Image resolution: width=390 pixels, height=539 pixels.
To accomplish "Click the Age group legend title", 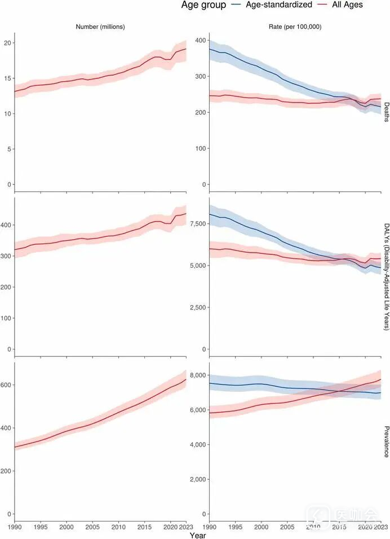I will tap(203, 5).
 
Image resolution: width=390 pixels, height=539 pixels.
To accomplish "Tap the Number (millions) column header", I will tap(100, 26).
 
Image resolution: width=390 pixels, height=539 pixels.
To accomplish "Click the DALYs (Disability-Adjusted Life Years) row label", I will tap(385, 276).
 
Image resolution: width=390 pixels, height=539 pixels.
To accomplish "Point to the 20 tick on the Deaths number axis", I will tap(7, 43).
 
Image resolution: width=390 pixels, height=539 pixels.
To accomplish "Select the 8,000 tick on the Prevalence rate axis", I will tap(198, 375).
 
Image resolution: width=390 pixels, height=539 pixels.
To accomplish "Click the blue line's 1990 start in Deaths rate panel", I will tap(210, 49).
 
